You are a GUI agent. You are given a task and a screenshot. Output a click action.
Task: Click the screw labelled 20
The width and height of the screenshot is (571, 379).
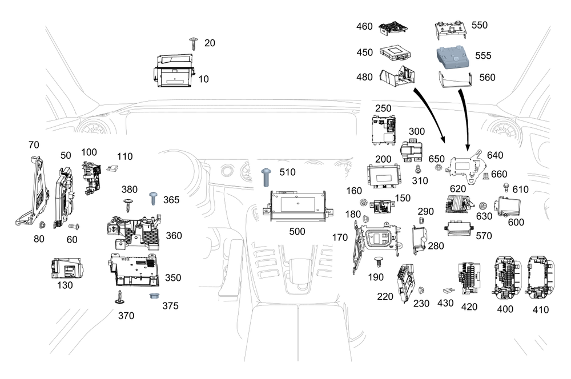click(194, 43)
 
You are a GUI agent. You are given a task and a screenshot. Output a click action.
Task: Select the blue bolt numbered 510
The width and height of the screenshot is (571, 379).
click(266, 178)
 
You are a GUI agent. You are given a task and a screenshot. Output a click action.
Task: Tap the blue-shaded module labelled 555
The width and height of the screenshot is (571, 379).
click(453, 57)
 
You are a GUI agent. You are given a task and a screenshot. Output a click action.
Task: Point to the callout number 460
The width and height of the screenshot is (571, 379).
click(364, 26)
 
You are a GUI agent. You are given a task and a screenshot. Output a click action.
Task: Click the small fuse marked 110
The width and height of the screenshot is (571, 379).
click(112, 168)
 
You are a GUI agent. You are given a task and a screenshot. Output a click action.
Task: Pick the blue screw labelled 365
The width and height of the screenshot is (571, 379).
click(154, 199)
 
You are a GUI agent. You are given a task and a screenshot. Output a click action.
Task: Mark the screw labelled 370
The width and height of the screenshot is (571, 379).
click(119, 297)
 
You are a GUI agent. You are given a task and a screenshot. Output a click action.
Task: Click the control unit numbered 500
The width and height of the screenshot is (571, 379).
click(297, 205)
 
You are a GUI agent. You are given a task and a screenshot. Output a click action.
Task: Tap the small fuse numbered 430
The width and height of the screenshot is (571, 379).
click(449, 291)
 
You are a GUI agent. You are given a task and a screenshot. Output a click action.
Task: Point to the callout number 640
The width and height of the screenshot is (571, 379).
click(495, 155)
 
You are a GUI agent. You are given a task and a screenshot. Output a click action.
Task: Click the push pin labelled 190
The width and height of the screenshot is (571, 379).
click(379, 262)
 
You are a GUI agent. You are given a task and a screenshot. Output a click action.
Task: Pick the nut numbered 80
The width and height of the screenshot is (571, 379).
click(42, 225)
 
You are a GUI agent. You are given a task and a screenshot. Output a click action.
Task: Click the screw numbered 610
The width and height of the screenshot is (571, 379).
click(506, 188)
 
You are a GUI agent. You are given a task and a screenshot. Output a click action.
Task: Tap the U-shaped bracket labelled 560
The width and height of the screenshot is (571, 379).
click(456, 80)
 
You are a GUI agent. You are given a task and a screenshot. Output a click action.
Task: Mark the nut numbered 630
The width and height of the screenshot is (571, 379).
click(483, 206)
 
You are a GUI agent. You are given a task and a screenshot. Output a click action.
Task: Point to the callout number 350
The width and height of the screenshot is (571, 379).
click(173, 278)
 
